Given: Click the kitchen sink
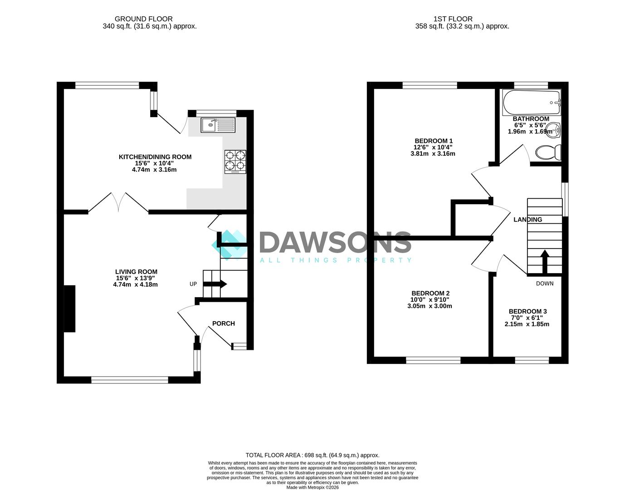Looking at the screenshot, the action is (x=218, y=125).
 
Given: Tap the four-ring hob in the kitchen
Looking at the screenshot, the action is (x=235, y=162).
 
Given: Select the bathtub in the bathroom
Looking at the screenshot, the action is (x=531, y=103).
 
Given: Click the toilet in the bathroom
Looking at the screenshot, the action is (x=548, y=152).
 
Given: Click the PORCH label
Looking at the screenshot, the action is (x=224, y=323).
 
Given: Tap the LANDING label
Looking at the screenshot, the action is (x=528, y=220).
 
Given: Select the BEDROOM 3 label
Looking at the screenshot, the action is (x=528, y=311).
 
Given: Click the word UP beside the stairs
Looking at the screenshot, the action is (x=193, y=284).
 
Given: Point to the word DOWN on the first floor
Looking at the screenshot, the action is (x=545, y=284).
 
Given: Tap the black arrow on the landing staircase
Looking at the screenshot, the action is (x=545, y=261).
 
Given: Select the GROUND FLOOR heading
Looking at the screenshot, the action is (x=143, y=19).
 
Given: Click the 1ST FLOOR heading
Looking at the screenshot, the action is (x=453, y=19).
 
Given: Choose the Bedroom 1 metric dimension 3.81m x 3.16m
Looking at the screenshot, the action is (x=433, y=154).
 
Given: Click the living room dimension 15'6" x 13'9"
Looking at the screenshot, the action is (x=136, y=278).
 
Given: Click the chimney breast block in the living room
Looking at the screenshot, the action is (x=69, y=309).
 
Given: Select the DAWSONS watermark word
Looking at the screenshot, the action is (x=335, y=242).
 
